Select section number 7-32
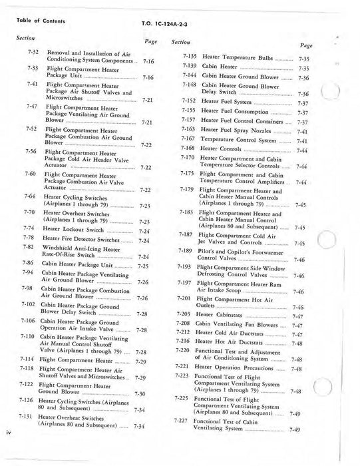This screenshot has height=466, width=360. (29, 52)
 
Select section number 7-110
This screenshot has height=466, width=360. (28, 338)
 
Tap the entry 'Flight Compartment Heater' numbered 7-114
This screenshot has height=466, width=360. (75, 359)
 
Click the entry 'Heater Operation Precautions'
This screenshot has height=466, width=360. (240, 367)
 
